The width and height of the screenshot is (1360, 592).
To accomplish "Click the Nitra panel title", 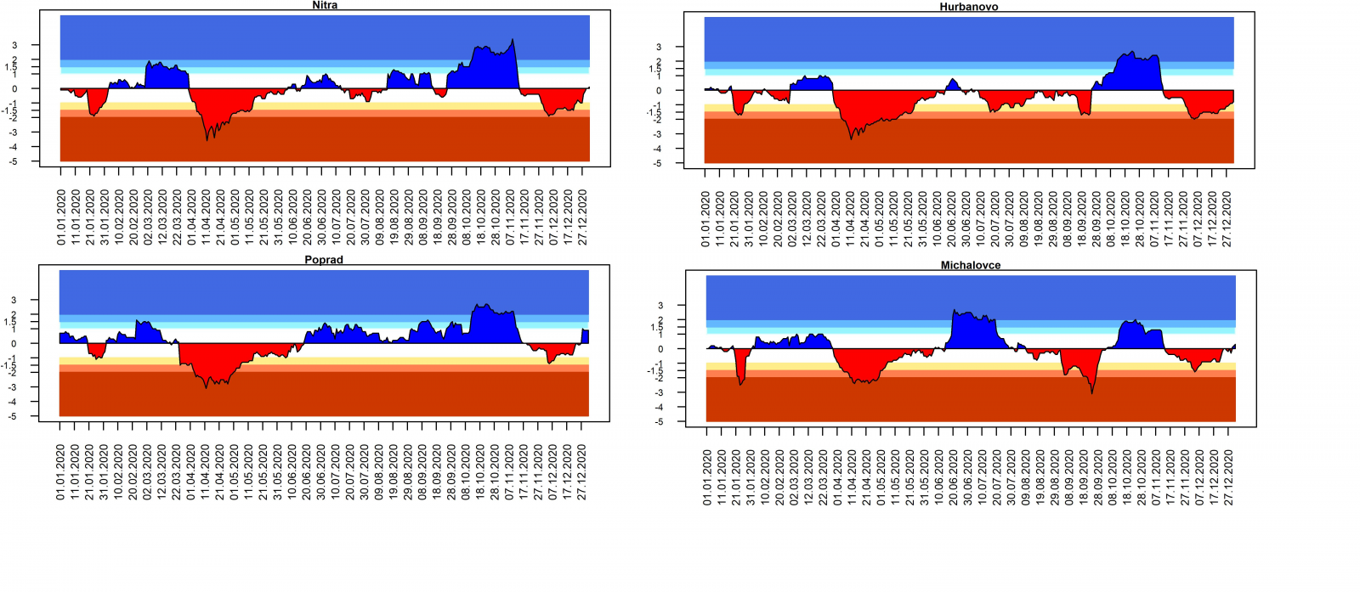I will [x=325, y=5].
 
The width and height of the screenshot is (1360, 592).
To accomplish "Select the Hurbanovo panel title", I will [x=969, y=7].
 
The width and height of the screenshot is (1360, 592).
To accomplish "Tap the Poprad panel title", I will [x=324, y=260].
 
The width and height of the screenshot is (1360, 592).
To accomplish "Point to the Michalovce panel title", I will [x=971, y=265].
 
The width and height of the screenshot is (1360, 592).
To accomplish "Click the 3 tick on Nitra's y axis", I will [x=14, y=46].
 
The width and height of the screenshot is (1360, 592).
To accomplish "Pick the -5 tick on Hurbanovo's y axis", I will [x=657, y=163].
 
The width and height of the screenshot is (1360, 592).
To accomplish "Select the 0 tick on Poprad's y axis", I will [x=14, y=344].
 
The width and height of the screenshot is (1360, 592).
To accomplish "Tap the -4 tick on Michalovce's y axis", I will [x=659, y=408].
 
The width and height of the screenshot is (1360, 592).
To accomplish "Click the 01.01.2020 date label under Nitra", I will [x=61, y=217].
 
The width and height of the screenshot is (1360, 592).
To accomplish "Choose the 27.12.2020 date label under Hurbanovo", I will [x=1227, y=219].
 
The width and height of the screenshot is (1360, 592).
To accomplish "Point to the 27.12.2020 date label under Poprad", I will [x=582, y=472].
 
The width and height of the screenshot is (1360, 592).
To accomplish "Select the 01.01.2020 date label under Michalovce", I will [x=707, y=477].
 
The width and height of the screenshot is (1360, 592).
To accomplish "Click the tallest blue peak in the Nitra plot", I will [x=512, y=40].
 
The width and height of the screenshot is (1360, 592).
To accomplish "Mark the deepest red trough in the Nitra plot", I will [x=207, y=138].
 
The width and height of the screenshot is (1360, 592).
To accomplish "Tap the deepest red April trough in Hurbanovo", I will [x=851, y=138].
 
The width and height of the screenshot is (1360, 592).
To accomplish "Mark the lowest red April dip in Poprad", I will [x=207, y=387].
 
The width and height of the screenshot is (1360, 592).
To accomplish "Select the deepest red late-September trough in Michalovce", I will [x=1092, y=392].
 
